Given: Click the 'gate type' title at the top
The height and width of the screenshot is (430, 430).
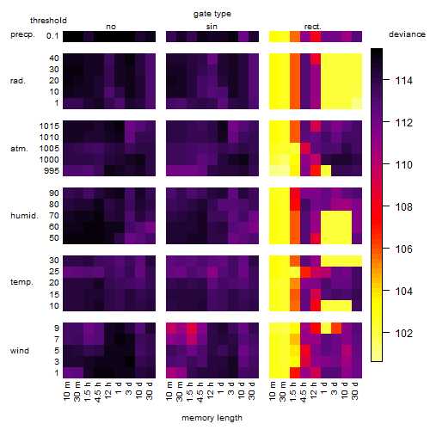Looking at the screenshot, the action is click(212, 14).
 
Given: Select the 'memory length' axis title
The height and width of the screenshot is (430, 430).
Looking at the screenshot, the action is click(212, 418).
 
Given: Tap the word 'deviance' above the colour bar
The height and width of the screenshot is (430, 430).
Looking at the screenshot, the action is click(407, 34).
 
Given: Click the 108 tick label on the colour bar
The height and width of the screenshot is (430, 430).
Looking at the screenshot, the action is click(404, 206).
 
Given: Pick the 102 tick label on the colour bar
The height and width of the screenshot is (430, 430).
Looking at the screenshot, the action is click(404, 333).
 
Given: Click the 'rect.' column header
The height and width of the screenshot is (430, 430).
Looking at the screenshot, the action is click(312, 27).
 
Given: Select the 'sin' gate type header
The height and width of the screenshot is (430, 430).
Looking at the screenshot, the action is click(212, 27).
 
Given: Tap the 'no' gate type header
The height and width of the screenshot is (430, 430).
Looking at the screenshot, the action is click(111, 27).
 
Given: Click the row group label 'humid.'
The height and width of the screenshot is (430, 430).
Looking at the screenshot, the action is click(24, 215).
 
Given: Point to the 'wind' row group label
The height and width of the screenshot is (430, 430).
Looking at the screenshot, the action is click(20, 350).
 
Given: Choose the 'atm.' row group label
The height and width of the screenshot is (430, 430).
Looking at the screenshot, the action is click(19, 149).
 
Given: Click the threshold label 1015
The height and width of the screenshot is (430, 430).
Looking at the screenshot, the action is click(49, 126).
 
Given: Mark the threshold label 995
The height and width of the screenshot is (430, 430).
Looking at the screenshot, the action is click(52, 170).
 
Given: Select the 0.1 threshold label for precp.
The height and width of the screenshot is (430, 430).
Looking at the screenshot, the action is click(52, 36).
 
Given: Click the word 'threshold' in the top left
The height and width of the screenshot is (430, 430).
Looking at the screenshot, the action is click(48, 21).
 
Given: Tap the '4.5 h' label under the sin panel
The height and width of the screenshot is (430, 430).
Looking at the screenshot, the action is click(202, 391).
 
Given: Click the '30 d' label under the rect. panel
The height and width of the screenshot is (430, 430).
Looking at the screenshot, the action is click(356, 391).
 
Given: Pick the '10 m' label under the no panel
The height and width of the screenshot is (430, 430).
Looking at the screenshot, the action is click(68, 391).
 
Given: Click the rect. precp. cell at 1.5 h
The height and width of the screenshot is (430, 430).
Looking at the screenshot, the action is click(295, 36).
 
